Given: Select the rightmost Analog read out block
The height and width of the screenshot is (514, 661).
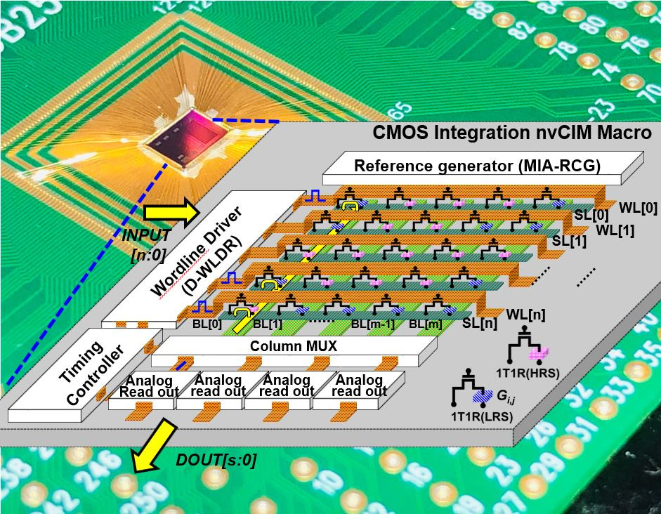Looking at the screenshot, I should pos(359,385).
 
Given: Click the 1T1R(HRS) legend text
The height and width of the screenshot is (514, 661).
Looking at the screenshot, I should pos(533,373).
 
